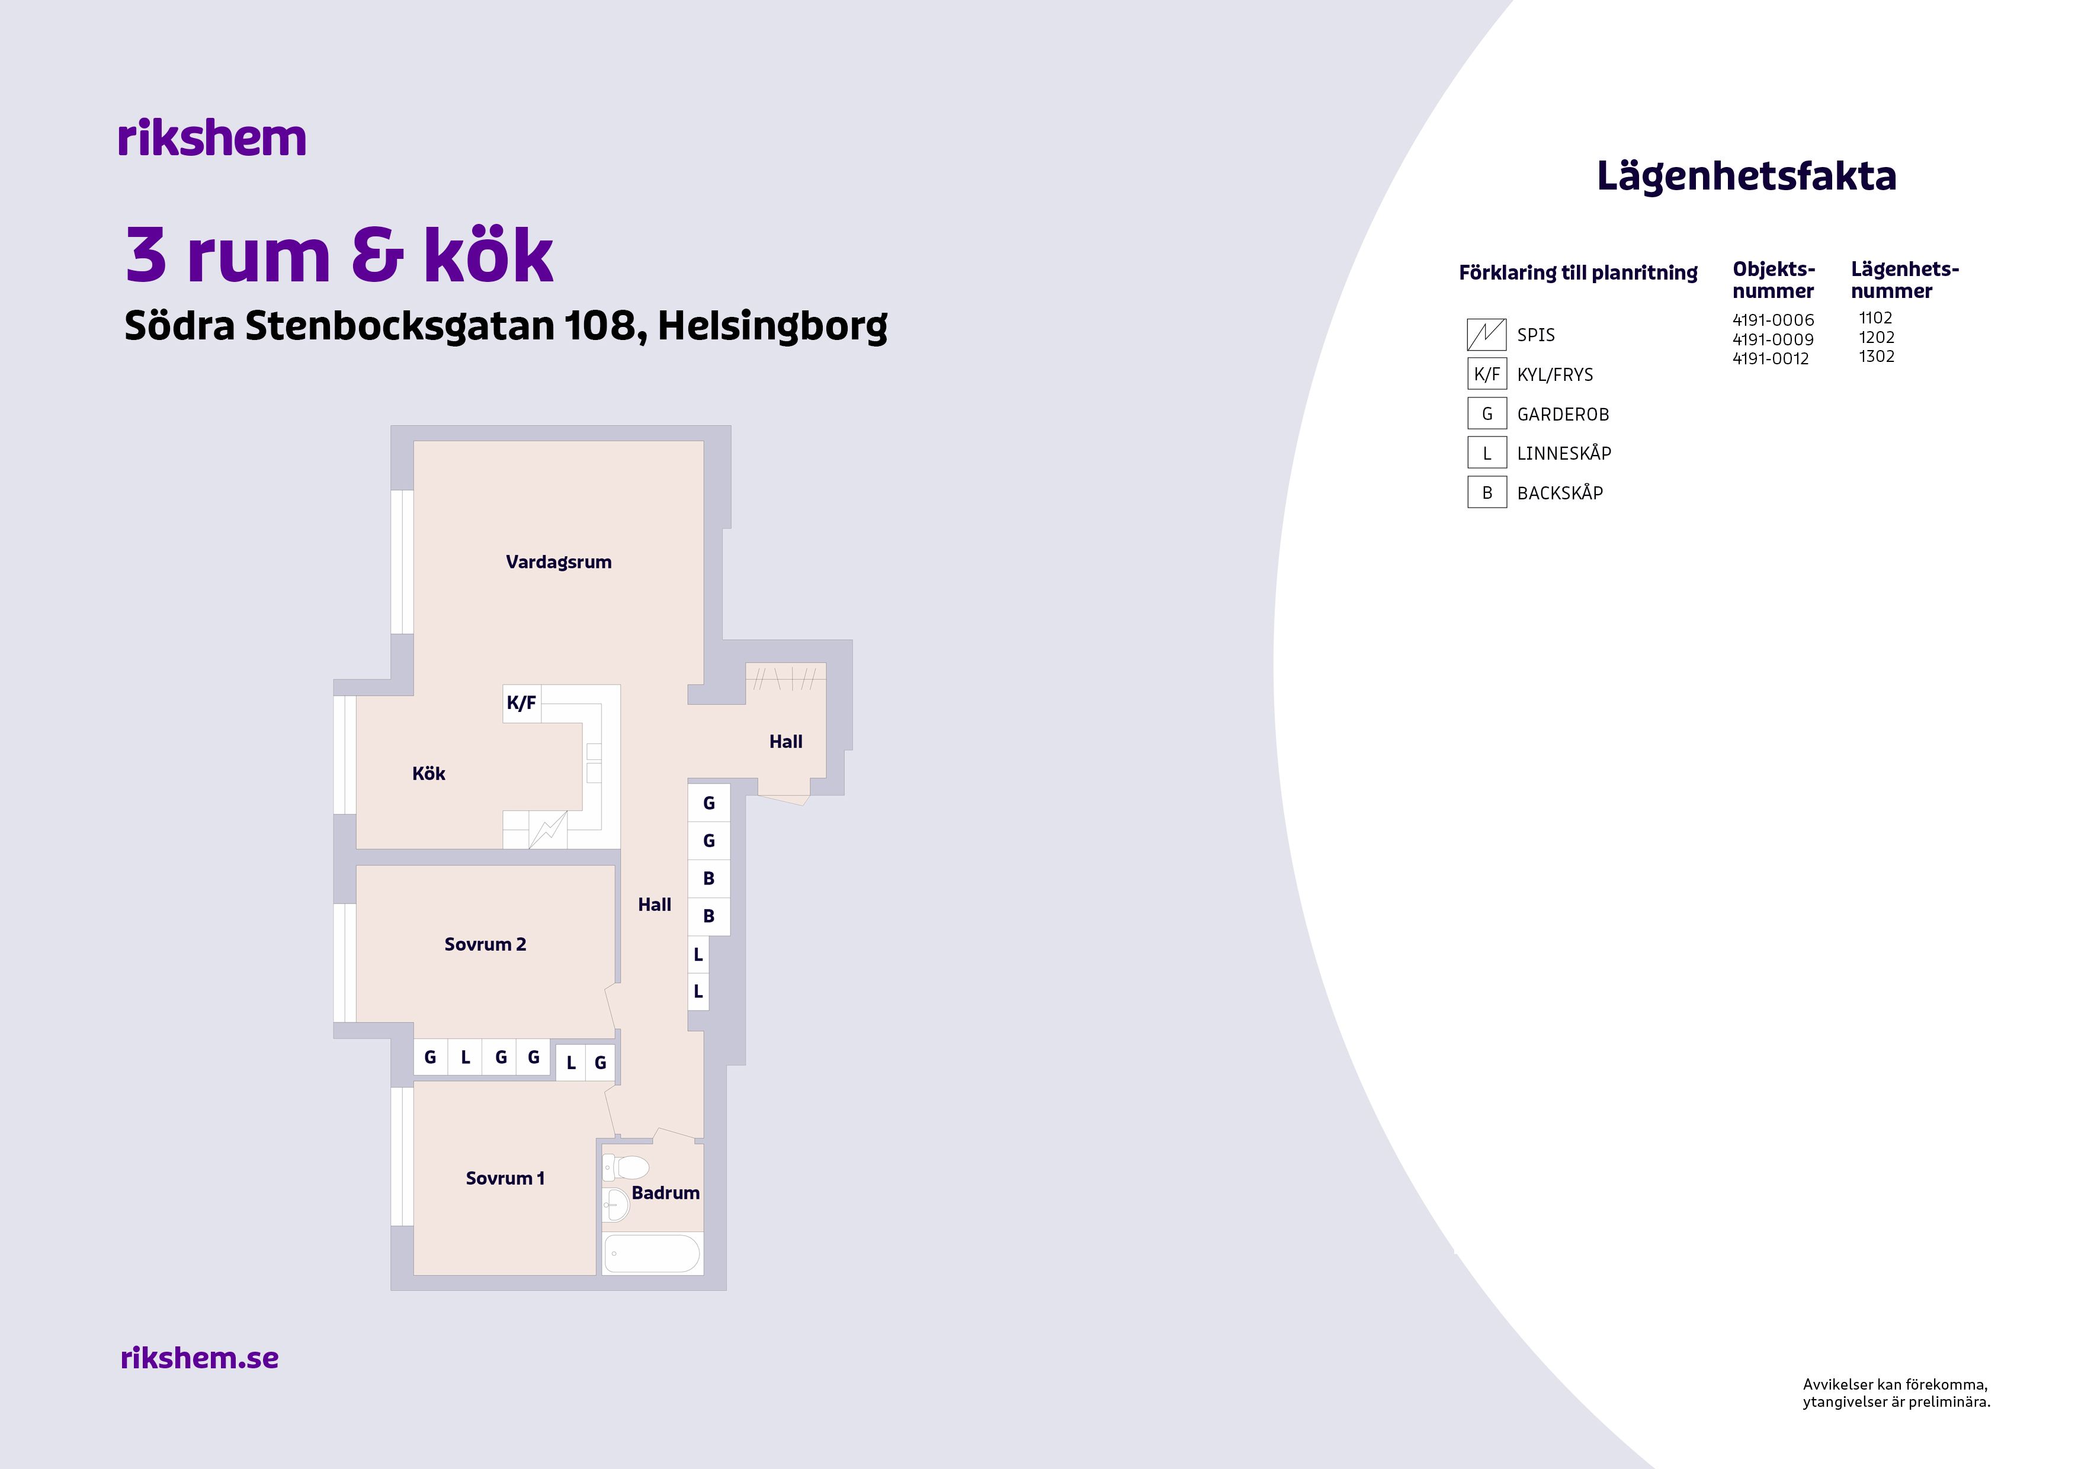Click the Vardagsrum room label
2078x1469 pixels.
point(559,562)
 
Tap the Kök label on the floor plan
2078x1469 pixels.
point(428,773)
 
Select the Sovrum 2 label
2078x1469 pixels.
point(485,944)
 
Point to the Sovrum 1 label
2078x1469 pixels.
point(505,1178)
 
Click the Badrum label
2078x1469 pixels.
point(665,1193)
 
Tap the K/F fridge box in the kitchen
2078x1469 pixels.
point(521,703)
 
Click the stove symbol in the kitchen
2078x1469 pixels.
point(547,830)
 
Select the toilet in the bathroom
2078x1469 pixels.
point(626,1167)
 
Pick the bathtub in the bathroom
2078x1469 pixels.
point(652,1253)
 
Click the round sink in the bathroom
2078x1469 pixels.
point(615,1205)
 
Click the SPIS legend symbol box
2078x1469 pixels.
point(1486,334)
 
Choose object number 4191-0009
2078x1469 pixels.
point(1773,339)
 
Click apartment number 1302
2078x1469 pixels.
point(1876,357)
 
